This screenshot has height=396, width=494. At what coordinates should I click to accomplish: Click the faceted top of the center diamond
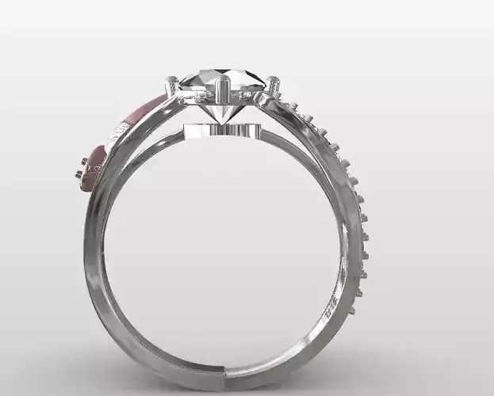click(x=223, y=79)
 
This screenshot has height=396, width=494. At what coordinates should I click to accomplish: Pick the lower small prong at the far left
click(x=79, y=173)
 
